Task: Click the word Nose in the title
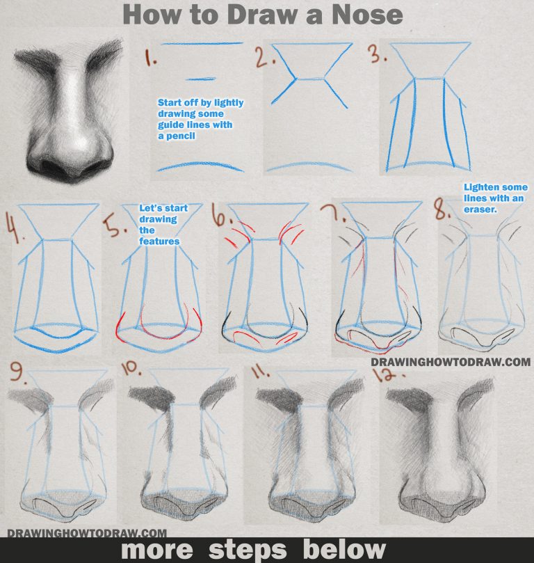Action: (x=367, y=15)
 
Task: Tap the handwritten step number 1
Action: (x=150, y=57)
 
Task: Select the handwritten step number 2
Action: (x=265, y=57)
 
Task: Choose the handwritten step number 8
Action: (x=442, y=209)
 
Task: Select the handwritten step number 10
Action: (x=131, y=368)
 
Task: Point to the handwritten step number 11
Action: (x=261, y=372)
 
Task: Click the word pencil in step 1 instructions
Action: (x=181, y=136)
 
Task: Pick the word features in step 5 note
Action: (x=159, y=241)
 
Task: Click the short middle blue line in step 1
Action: (x=200, y=79)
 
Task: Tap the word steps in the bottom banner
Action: (x=248, y=550)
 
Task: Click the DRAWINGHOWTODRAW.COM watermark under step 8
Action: (x=451, y=362)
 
